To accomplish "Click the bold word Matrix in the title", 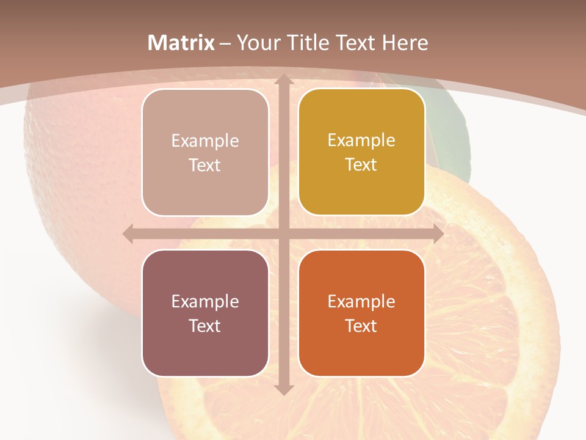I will click(181, 43).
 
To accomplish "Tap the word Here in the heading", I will click(405, 43).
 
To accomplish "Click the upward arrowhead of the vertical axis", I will click(283, 80).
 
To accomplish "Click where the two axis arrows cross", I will click(283, 234).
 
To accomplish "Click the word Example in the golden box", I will click(361, 141).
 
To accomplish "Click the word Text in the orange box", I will click(361, 326).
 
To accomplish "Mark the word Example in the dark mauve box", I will click(205, 301).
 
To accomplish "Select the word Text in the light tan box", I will click(205, 166).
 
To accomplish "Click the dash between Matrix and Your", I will click(225, 43).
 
